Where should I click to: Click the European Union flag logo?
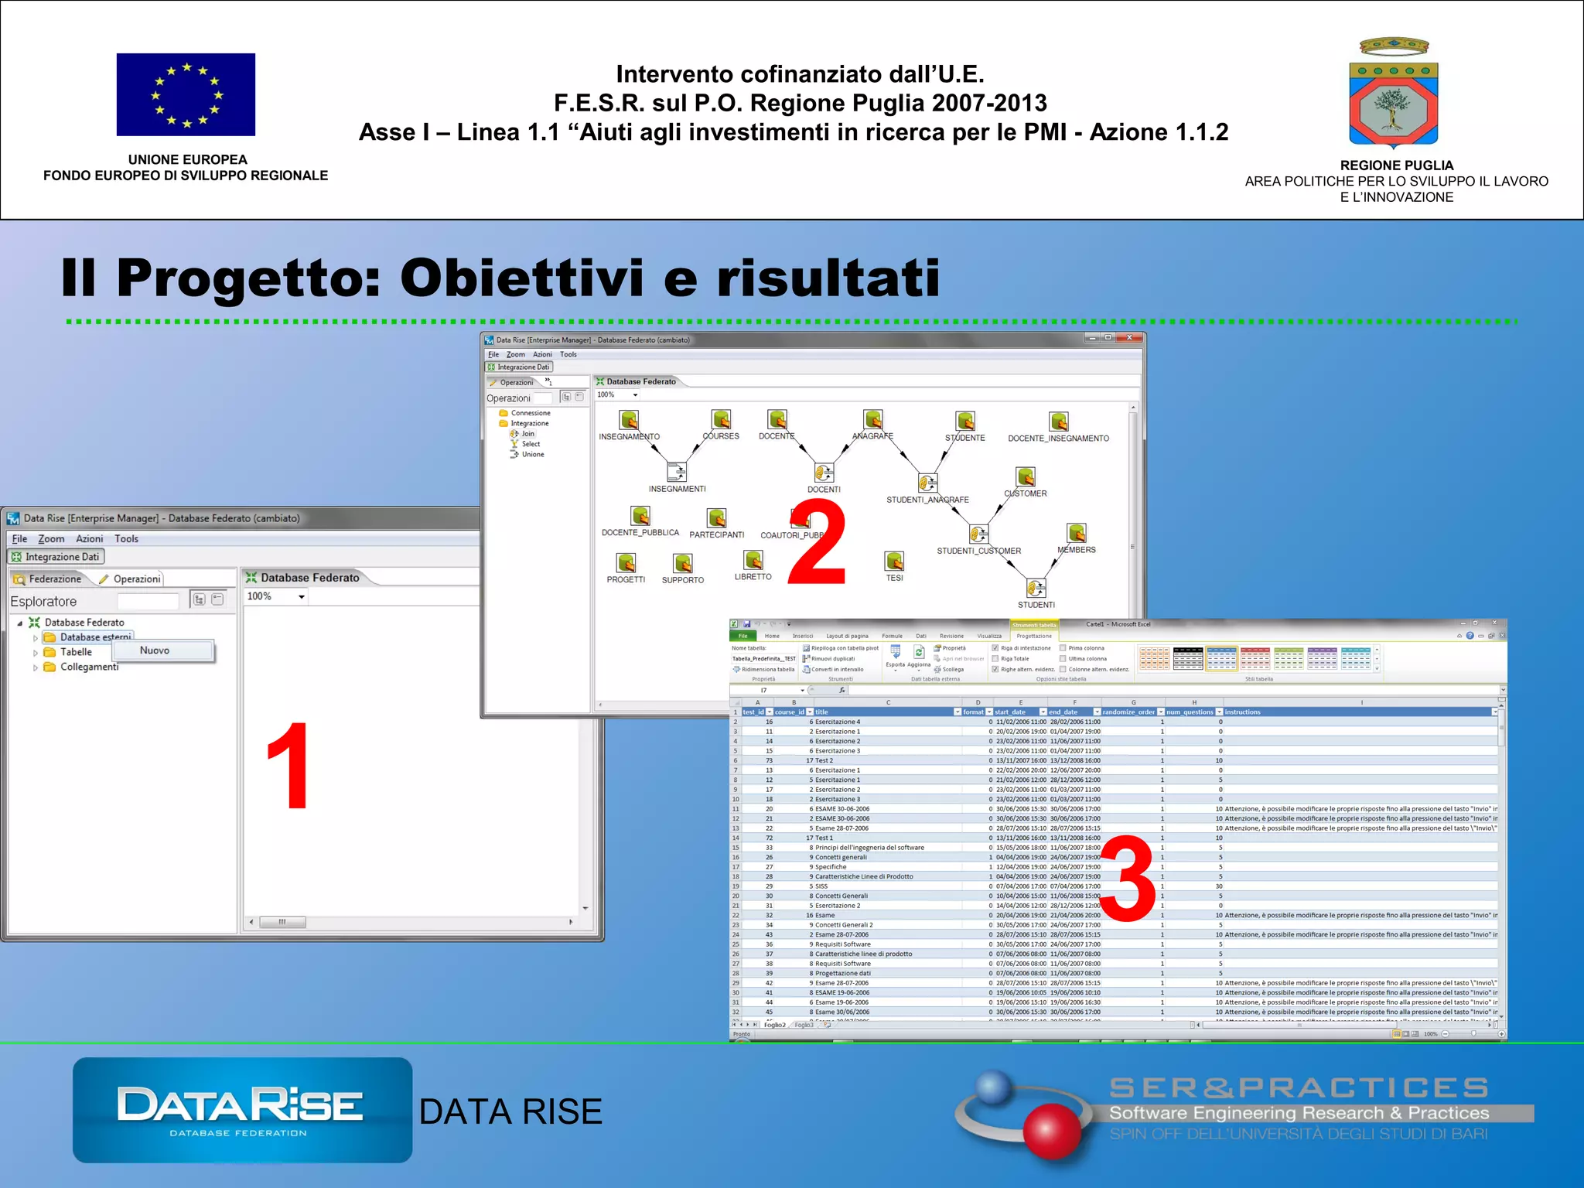(x=186, y=94)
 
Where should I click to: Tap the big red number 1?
(x=288, y=766)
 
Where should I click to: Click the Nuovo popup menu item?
(x=155, y=650)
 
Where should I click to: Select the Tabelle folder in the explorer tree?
(x=76, y=652)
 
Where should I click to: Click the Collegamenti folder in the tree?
(x=89, y=667)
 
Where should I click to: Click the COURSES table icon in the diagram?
(x=721, y=420)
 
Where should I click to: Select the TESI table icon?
(x=894, y=561)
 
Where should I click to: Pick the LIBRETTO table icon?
(x=753, y=559)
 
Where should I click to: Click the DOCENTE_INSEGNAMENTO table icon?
(x=1058, y=422)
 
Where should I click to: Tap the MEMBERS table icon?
(x=1076, y=533)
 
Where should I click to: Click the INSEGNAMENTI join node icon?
(x=677, y=472)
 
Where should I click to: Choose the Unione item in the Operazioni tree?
(x=532, y=454)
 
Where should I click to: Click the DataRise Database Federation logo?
(x=242, y=1110)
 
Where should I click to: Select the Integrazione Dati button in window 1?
(x=56, y=557)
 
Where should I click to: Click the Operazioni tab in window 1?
(x=136, y=579)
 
